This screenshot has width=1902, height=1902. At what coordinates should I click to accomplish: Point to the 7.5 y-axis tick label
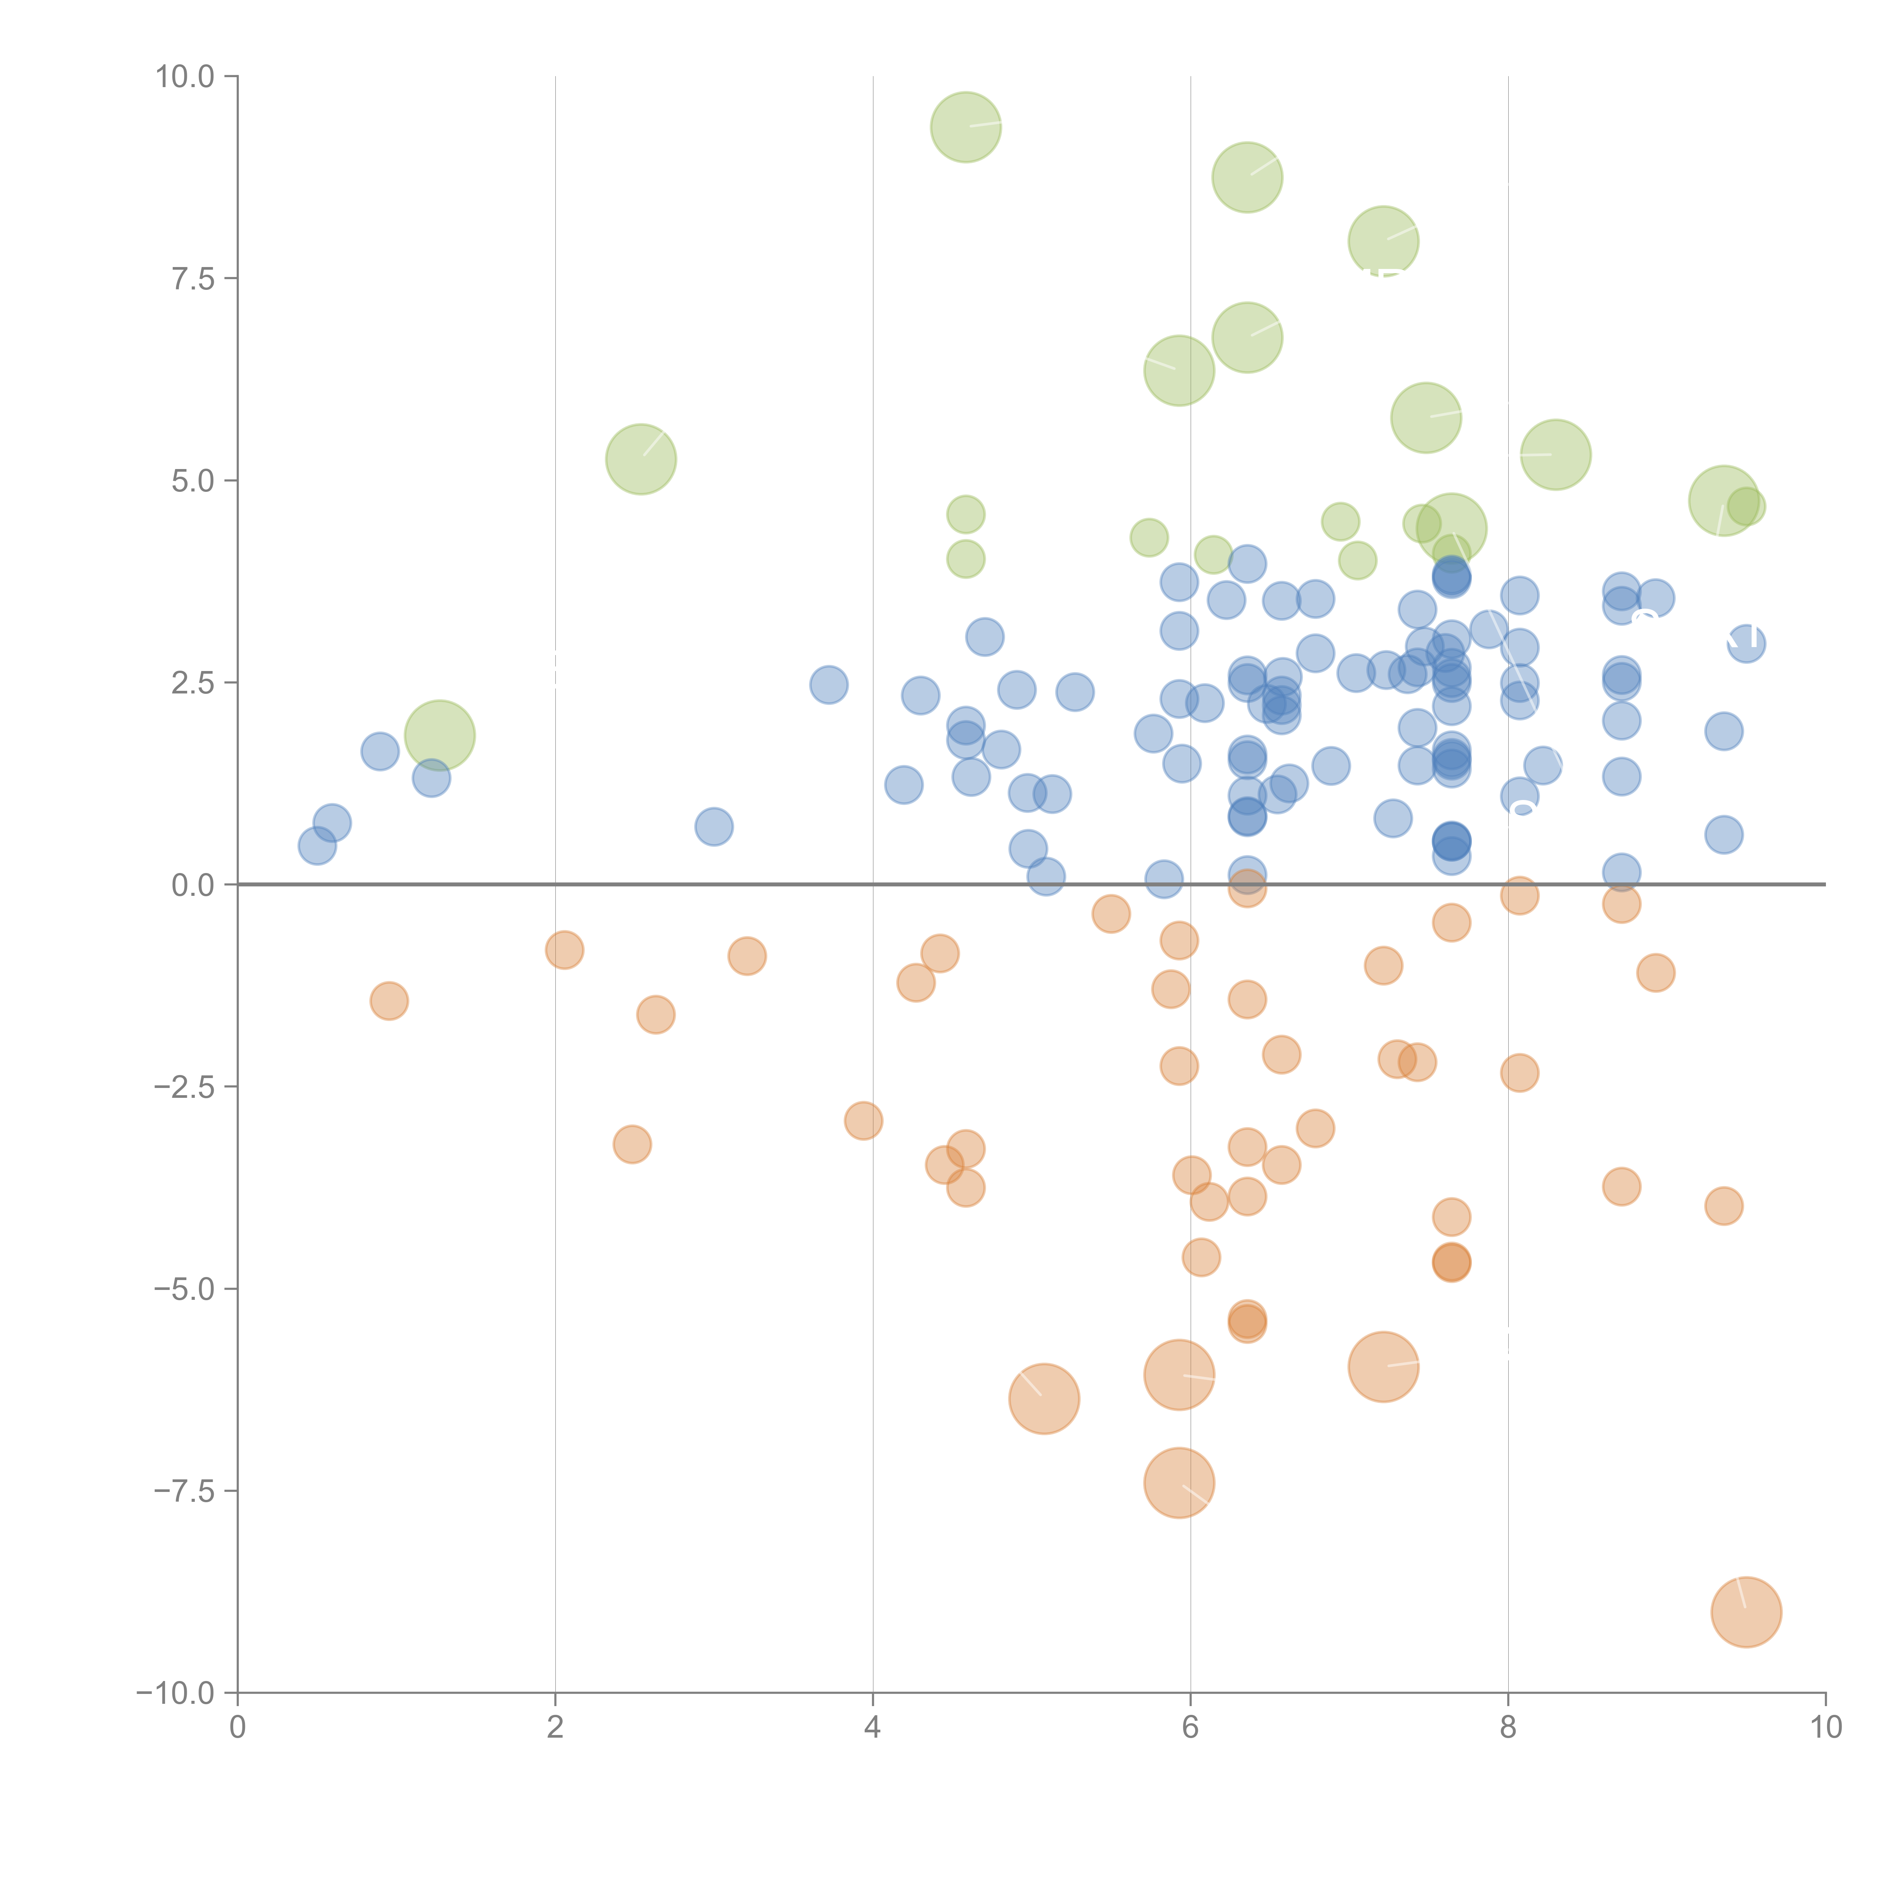click(193, 278)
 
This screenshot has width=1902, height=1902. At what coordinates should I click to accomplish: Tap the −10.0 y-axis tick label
click(175, 1693)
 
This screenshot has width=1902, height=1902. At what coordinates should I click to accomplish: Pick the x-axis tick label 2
click(555, 1728)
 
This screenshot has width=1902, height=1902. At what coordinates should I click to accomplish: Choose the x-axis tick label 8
click(1508, 1728)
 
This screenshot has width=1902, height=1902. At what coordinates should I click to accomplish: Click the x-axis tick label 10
click(1825, 1728)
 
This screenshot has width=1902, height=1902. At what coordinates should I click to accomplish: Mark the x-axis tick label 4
click(872, 1728)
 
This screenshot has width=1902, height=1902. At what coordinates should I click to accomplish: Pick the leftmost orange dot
click(389, 1001)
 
